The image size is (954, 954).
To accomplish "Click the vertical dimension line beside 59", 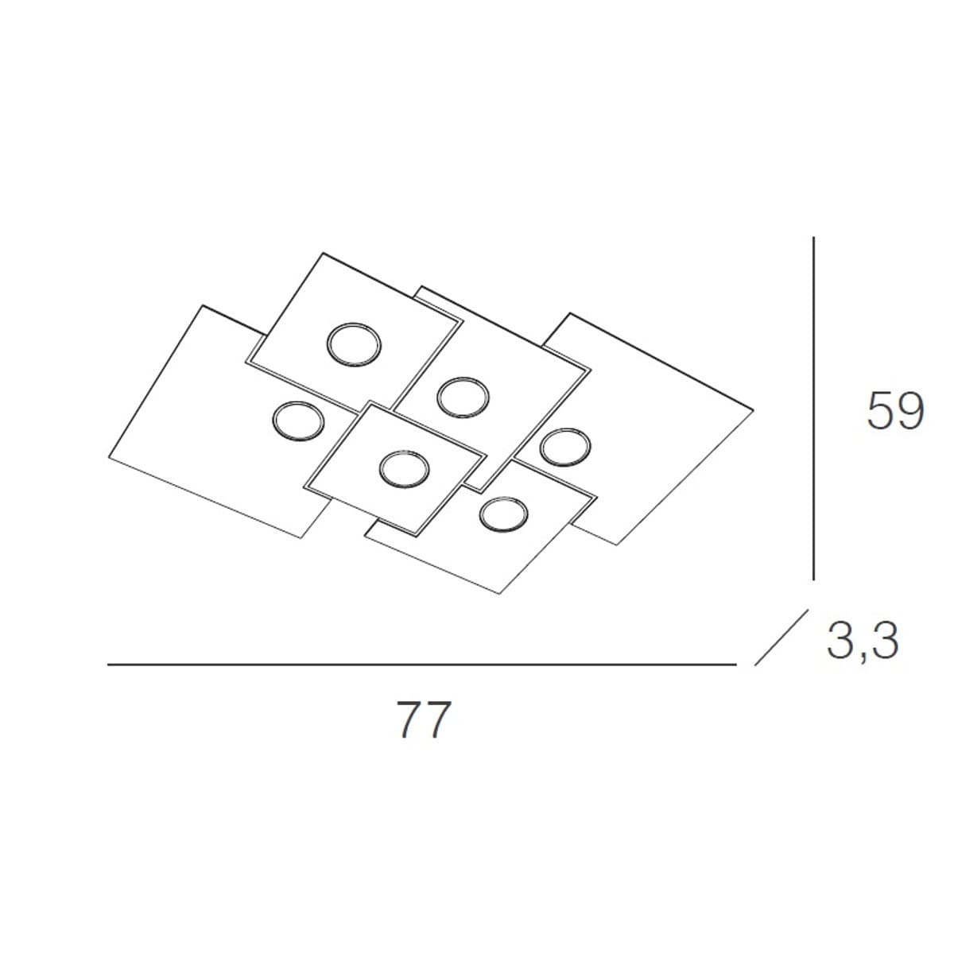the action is pyautogui.click(x=813, y=409).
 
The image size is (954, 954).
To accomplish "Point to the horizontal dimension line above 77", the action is pyautogui.click(x=422, y=665).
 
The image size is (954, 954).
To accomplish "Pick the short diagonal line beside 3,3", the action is pyautogui.click(x=781, y=637).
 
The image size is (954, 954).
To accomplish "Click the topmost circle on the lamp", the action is pyautogui.click(x=354, y=345).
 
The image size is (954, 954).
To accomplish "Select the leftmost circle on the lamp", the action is pyautogui.click(x=299, y=421).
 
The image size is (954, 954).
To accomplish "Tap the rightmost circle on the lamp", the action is pyautogui.click(x=565, y=448).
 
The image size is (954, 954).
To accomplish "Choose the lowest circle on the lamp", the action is pyautogui.click(x=504, y=514).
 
